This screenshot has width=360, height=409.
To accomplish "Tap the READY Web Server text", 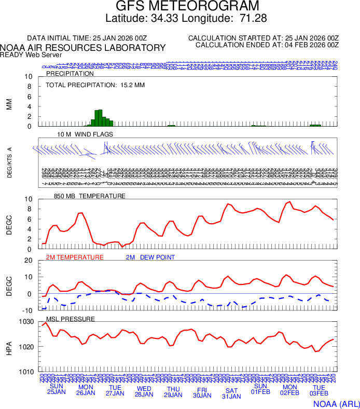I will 31,55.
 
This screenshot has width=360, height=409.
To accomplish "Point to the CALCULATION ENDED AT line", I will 267,45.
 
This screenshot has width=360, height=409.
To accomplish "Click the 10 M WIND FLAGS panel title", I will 86,134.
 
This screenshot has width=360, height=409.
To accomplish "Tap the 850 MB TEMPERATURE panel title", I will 90,196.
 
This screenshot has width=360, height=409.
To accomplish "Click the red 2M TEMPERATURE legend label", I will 75,257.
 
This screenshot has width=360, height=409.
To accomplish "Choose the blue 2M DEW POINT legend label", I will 150,257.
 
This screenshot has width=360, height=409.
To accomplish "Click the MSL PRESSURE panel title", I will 71,319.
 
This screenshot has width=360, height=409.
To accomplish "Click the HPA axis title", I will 9,347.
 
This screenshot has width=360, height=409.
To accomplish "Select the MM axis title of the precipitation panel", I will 9,104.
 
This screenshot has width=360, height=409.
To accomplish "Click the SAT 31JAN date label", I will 231,393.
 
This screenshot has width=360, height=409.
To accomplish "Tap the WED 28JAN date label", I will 144,391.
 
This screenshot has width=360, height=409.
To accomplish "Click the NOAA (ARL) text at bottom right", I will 336,403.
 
